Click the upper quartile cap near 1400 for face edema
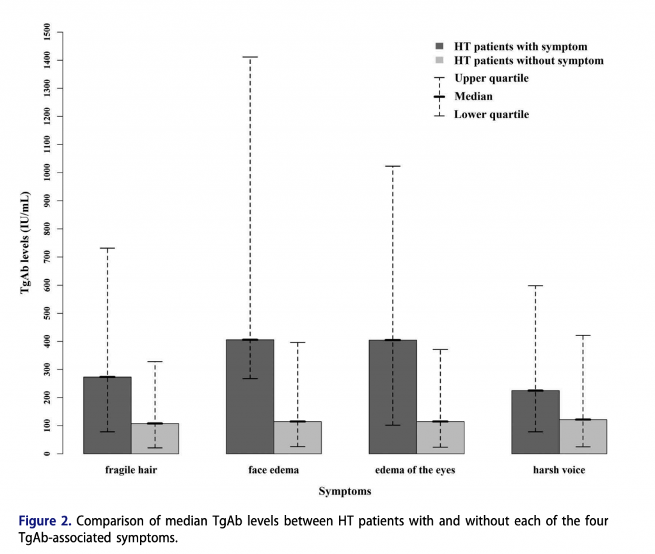pos(250,57)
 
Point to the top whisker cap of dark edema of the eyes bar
pos(393,166)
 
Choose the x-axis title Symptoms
pos(345,491)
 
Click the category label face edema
pos(274,470)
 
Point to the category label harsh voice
pos(559,470)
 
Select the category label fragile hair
pos(131,470)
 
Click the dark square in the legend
pos(439,47)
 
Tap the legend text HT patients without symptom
pos(528,61)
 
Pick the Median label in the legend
pos(473,96)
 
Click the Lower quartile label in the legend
pos(491,115)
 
